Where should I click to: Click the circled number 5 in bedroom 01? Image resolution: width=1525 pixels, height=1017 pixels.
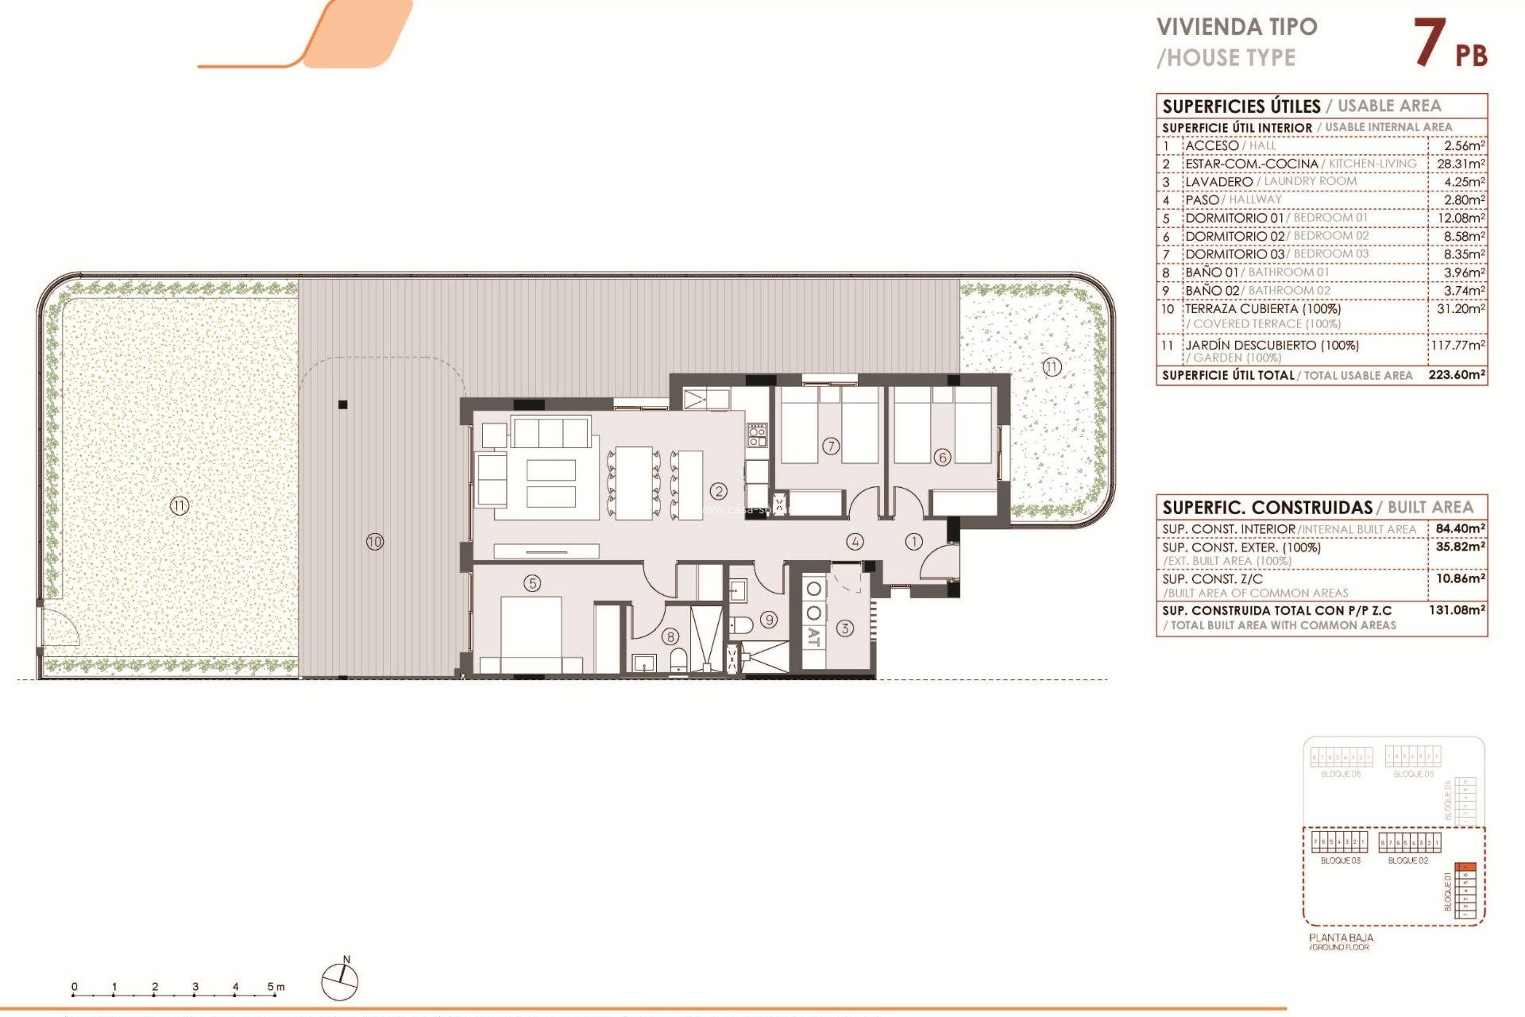[x=532, y=583]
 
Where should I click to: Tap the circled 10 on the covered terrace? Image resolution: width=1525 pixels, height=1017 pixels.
[x=375, y=542]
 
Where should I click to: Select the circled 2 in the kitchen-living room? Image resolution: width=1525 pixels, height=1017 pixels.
[x=719, y=492]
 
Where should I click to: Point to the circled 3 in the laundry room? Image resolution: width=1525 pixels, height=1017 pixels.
[x=845, y=628]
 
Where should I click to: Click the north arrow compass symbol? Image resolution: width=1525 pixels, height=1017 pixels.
[x=340, y=982]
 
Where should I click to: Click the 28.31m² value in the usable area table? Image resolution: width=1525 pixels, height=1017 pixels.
[x=1460, y=164]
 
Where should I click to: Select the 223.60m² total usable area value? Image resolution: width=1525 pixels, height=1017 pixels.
[x=1456, y=374]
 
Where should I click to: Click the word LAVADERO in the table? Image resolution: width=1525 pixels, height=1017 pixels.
[x=1218, y=182]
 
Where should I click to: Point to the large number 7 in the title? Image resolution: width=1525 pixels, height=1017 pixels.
[x=1430, y=44]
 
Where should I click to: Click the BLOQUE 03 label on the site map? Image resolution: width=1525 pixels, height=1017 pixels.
[x=1340, y=860]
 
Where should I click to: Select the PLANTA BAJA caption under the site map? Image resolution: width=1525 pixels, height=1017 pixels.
[x=1341, y=938]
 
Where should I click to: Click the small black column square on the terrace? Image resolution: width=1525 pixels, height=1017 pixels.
[x=343, y=404]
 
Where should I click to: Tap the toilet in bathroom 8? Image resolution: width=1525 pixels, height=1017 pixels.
[x=678, y=660]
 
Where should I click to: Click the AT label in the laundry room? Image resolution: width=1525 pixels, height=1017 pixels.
[x=813, y=636]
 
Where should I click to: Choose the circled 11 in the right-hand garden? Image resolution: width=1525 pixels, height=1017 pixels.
[x=1052, y=367]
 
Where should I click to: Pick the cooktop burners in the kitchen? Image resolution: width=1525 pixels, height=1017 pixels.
[x=757, y=435]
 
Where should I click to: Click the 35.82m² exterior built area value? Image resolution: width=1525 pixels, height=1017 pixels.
[x=1460, y=547]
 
